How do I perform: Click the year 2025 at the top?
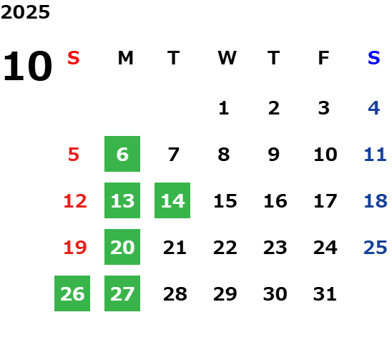pos(25,12)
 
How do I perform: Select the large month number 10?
pos(27,66)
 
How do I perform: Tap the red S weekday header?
pos(74,58)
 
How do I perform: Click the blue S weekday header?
pos(374,58)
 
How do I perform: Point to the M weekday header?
pos(125,58)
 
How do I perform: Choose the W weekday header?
pos(227,58)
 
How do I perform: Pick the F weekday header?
pos(324,58)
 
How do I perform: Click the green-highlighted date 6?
pos(122,154)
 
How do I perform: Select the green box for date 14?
pos(172,200)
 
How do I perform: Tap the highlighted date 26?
pos(72,293)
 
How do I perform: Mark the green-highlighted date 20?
pos(122,247)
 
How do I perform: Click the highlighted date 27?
pos(122,293)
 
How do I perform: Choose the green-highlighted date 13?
pos(122,200)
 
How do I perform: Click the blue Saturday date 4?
pos(374,108)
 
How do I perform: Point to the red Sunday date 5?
pos(74,155)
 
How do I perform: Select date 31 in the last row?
pos(325,294)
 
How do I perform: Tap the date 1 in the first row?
pos(224,108)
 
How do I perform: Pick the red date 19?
pos(75,248)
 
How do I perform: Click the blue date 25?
pos(376,248)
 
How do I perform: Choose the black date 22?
pos(225,248)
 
